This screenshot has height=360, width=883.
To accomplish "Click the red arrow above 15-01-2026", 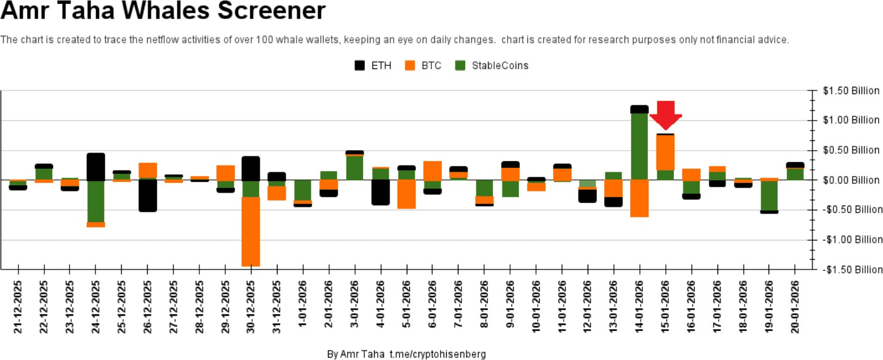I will [666, 114].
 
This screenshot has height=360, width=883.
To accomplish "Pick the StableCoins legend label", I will [500, 65].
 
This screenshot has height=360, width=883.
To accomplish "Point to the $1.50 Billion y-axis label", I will [851, 90].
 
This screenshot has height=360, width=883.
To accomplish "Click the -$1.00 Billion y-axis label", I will [851, 239].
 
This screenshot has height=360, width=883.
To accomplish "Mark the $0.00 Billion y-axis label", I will [851, 180].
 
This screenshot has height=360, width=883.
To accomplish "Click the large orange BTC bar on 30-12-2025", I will [250, 231].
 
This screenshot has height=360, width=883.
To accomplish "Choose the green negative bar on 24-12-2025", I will [95, 201].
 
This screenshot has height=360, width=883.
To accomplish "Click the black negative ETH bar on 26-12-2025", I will [148, 196].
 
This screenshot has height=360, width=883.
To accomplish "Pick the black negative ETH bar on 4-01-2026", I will [380, 192].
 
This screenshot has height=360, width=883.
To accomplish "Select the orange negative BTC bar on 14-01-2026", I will [639, 198].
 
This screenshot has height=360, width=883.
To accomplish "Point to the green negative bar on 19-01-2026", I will [769, 195].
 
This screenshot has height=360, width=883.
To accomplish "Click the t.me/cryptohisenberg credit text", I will [438, 354].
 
